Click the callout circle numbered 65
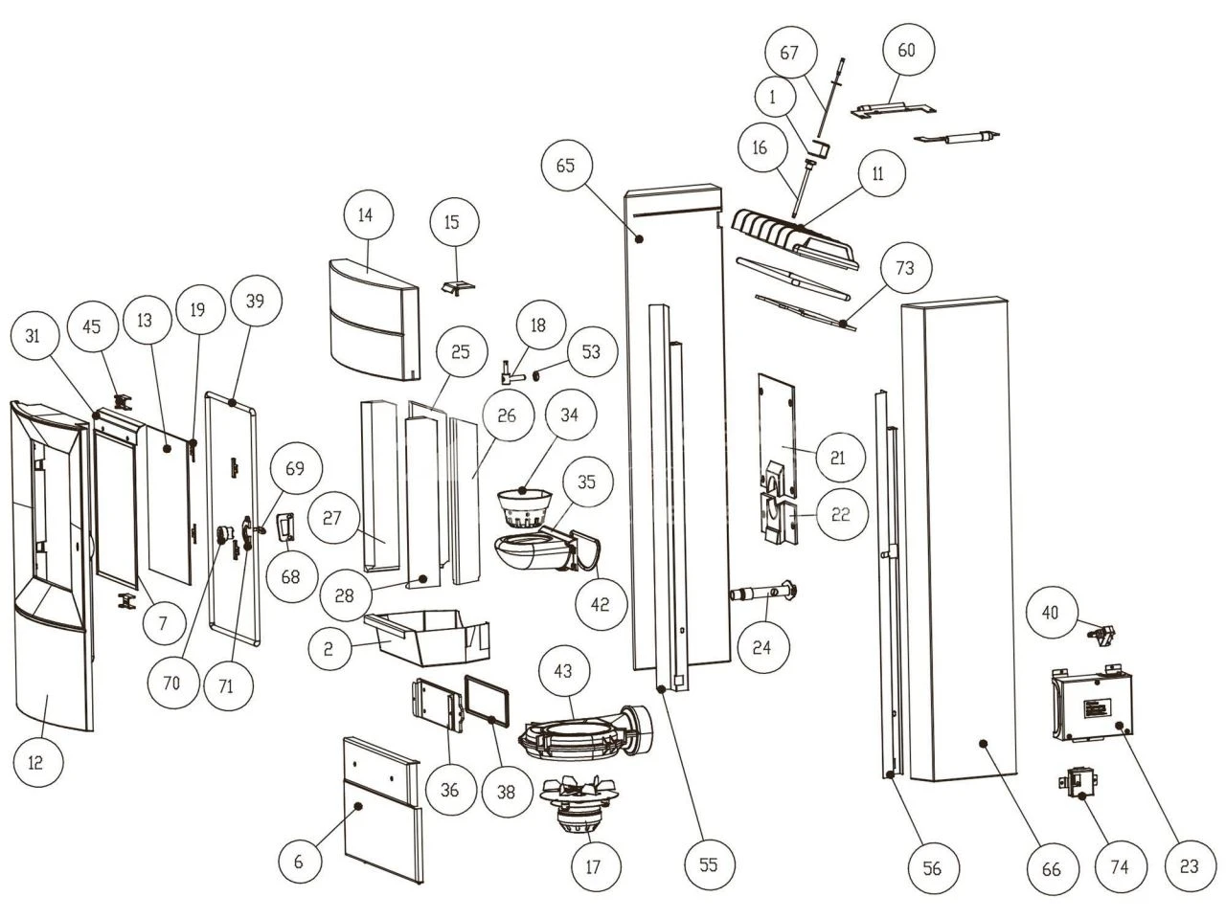pyautogui.click(x=564, y=165)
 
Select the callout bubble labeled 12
pyautogui.click(x=35, y=762)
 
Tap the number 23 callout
pyautogui.click(x=1189, y=866)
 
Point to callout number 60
pyautogui.click(x=906, y=50)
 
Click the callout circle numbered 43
pyautogui.click(x=563, y=671)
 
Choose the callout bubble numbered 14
pyautogui.click(x=365, y=215)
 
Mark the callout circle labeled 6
pyautogui.click(x=299, y=862)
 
